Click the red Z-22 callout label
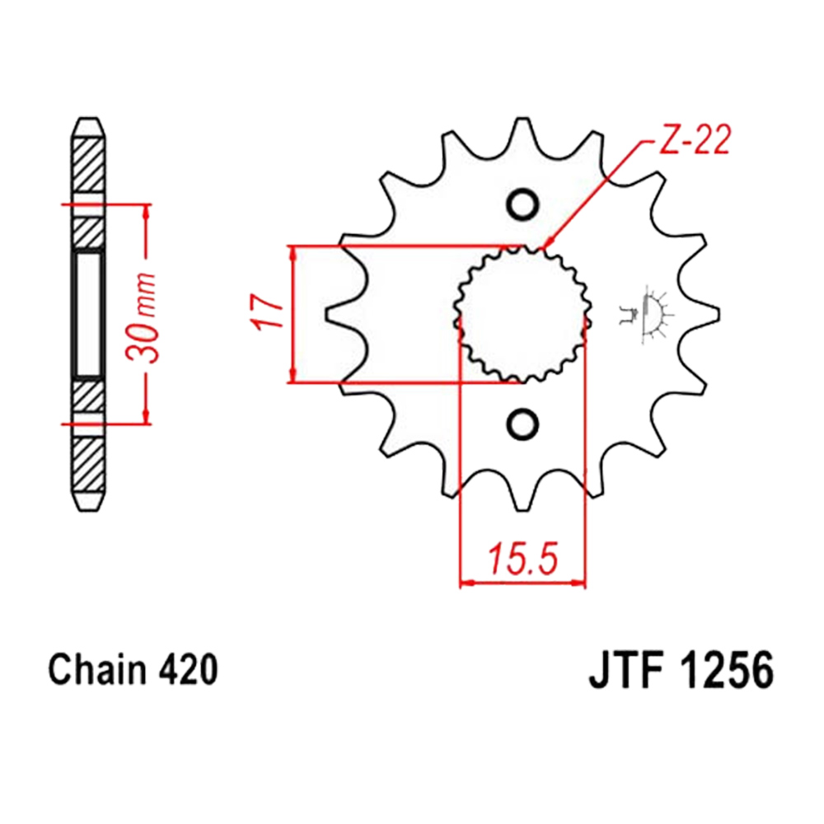(694, 140)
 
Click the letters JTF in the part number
(625, 670)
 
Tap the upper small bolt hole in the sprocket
(522, 204)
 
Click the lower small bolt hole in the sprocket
(522, 424)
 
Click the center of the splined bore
(522, 314)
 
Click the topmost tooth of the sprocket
(522, 130)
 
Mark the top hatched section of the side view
(88, 165)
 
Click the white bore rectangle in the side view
(88, 314)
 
